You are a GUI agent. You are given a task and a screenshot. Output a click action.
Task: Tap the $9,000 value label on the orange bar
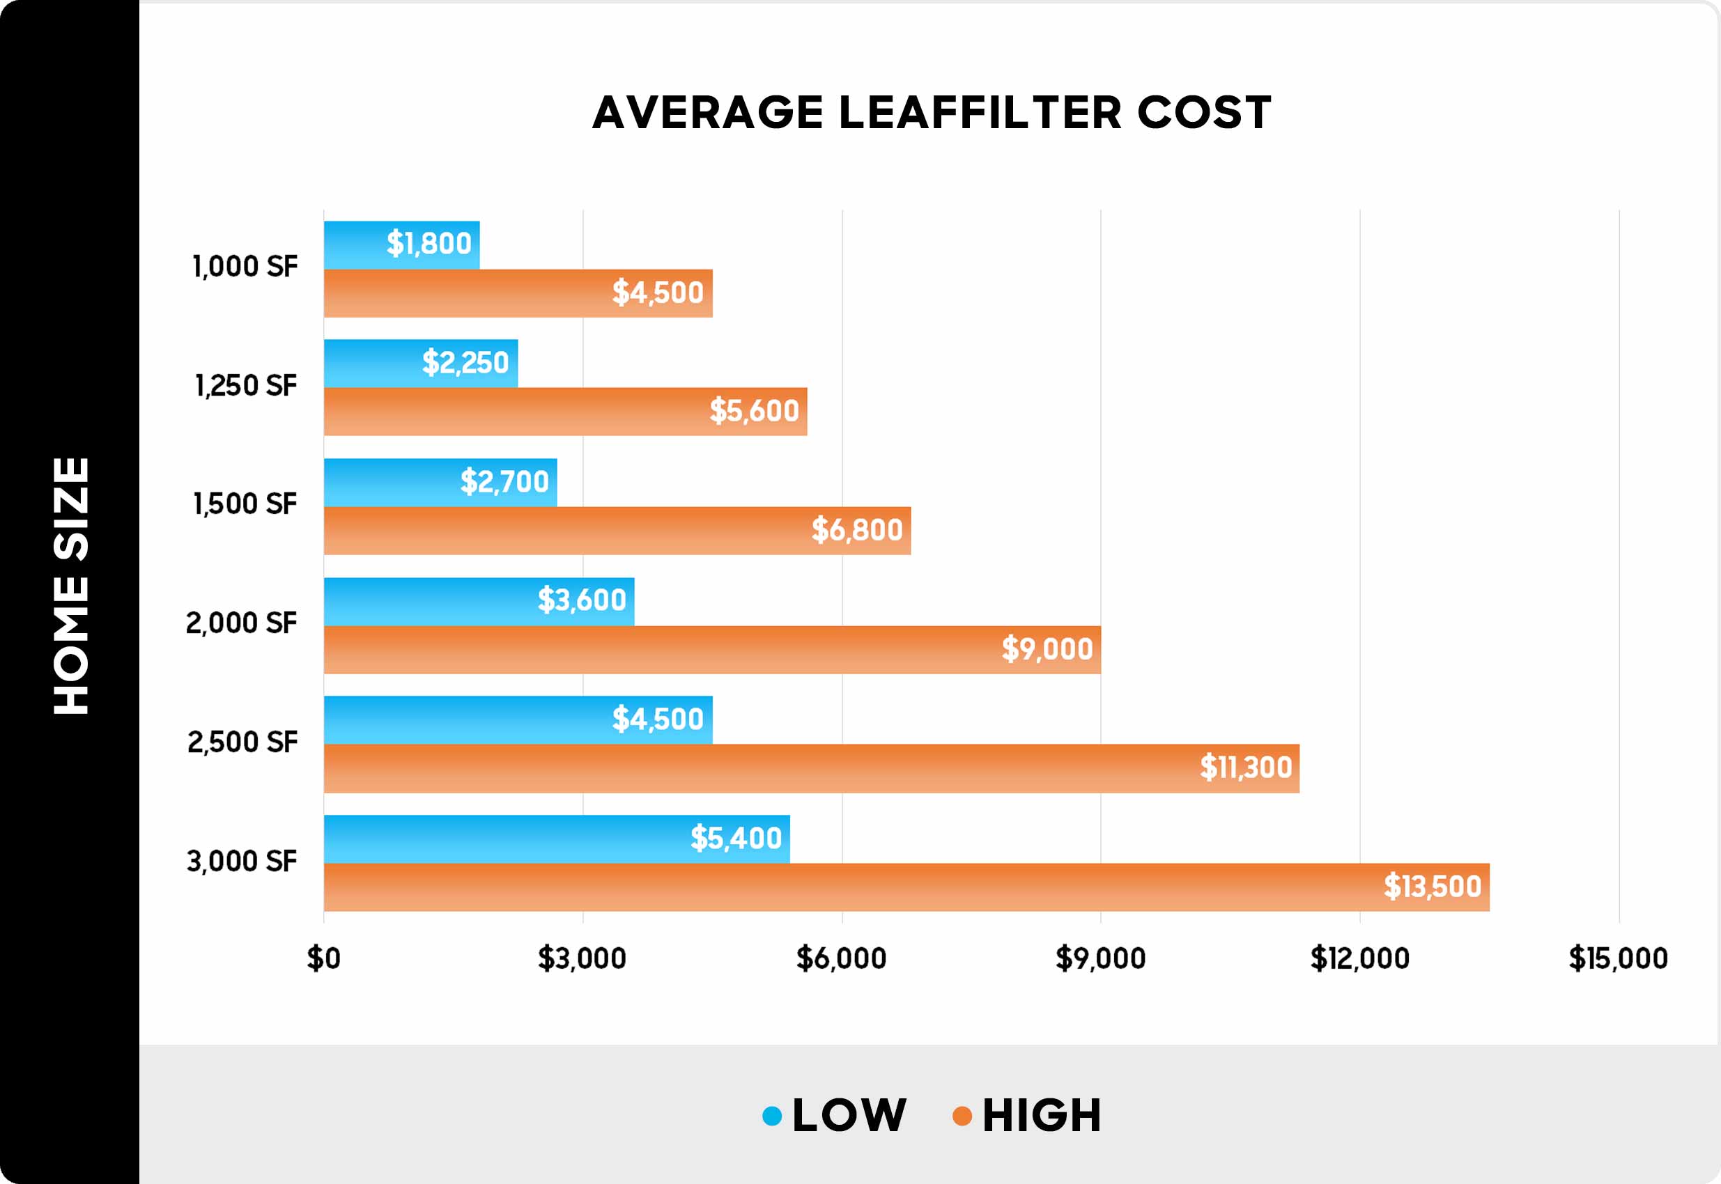coord(1047,649)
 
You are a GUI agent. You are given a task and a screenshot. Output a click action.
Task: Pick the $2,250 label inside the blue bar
coord(465,363)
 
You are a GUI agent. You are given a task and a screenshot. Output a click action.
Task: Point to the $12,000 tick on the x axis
coord(1359,958)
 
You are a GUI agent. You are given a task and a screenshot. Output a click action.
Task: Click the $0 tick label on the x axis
coord(323,958)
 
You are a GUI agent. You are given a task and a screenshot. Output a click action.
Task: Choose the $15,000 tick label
coord(1618,958)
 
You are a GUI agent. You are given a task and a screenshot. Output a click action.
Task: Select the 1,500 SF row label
coord(245,504)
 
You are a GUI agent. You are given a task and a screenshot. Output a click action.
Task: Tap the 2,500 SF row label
coord(242,742)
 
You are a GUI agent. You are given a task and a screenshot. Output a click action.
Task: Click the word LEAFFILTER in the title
coord(980,113)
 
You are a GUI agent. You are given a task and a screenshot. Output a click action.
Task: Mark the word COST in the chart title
coord(1204,113)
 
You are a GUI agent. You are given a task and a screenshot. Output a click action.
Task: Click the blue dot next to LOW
coord(772,1116)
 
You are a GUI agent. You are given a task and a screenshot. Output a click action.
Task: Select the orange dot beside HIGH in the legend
coord(962,1116)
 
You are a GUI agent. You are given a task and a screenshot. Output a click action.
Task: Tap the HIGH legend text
coord(1042,1116)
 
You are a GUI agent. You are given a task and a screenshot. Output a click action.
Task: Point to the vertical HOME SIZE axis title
coord(71,586)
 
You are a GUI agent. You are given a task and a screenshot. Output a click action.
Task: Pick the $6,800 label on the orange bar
coord(856,531)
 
